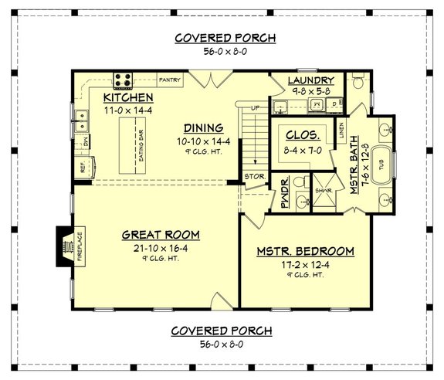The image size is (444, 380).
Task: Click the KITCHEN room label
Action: (x=129, y=98)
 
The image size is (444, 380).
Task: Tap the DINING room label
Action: (x=203, y=127)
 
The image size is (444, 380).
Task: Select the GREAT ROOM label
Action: (x=161, y=234)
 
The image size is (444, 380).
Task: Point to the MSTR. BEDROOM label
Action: (x=305, y=252)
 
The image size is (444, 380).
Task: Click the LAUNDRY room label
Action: (x=310, y=80)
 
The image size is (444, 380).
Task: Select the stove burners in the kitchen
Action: (x=124, y=78)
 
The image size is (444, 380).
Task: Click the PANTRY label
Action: (x=169, y=80)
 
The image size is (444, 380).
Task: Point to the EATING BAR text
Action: (x=141, y=144)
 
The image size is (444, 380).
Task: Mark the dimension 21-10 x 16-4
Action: (x=161, y=247)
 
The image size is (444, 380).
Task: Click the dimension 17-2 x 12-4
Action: (x=305, y=264)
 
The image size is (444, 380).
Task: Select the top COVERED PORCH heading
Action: (x=225, y=38)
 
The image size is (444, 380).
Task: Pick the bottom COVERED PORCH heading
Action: (x=222, y=331)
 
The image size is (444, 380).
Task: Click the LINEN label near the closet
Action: (x=343, y=132)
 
